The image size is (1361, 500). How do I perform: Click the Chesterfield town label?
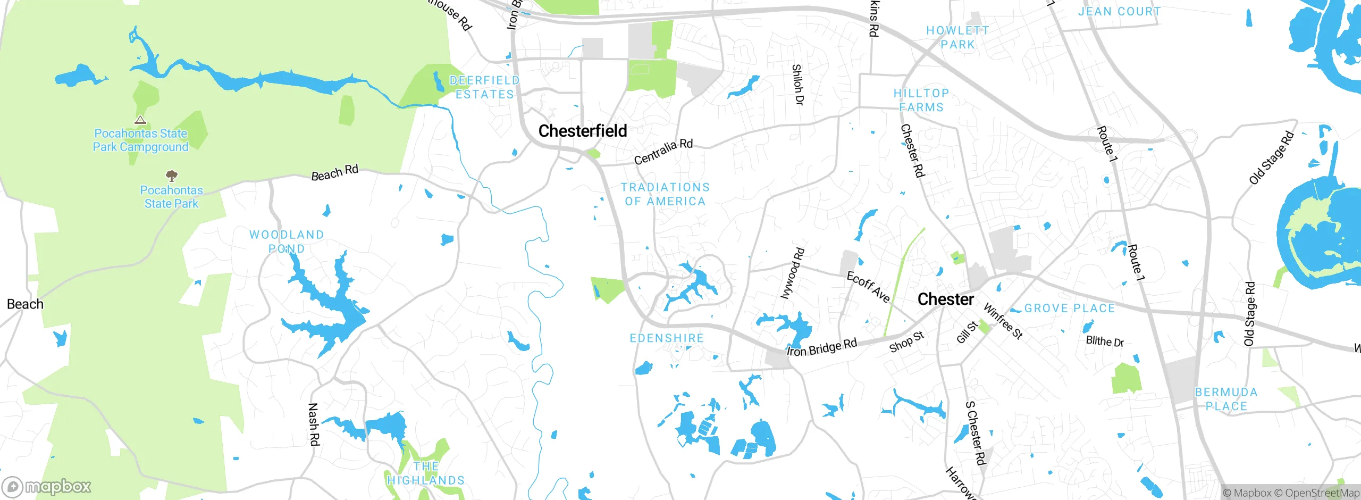tap(583, 131)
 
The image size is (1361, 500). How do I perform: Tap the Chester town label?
tap(946, 299)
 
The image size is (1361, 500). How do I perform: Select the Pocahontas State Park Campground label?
tap(140, 140)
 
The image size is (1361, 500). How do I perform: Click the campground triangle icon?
tap(140, 120)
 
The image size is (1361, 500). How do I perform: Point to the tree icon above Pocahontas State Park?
tap(171, 176)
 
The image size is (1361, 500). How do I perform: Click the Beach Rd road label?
tap(334, 172)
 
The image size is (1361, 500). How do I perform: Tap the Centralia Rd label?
tap(663, 151)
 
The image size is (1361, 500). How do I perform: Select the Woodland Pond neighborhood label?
tap(287, 241)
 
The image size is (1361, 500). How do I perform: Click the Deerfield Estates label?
tap(484, 87)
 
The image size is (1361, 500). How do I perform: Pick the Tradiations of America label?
tap(665, 194)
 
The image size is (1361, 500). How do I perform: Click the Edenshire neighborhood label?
tap(667, 338)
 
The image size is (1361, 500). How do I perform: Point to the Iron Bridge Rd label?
tap(822, 348)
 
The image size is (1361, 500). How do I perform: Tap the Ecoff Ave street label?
tap(868, 287)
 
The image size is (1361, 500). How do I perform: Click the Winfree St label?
tap(1003, 321)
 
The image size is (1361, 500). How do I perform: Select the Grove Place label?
tap(1069, 309)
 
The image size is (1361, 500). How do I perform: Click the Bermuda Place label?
tap(1226, 399)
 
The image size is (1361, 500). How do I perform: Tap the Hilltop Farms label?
tap(921, 100)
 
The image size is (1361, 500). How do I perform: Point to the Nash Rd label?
tap(314, 424)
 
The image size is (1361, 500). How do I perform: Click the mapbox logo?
tap(47, 486)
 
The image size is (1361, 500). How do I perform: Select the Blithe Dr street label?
tap(1105, 341)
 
